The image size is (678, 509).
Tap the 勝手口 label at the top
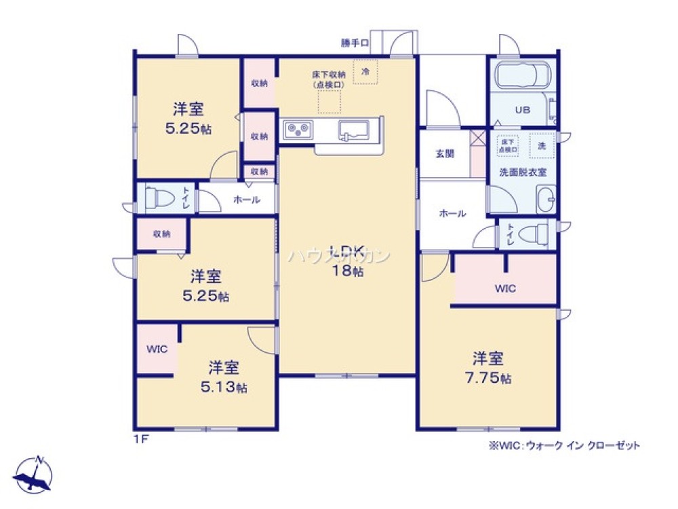point(355,43)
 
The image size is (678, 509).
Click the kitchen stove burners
point(298,128)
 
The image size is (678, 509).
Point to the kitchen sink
point(353,130)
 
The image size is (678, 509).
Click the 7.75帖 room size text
point(492,379)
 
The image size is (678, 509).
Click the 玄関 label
point(445,153)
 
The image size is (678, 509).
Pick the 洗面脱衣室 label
point(523,172)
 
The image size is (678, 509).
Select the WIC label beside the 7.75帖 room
point(504,288)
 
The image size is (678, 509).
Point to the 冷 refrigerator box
point(365,71)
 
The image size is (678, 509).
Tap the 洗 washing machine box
point(542,145)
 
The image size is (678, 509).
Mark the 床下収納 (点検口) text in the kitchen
point(329,79)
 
